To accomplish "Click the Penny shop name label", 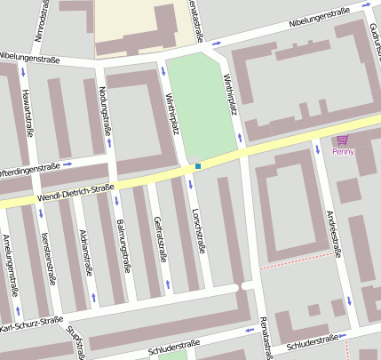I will tap(343, 151).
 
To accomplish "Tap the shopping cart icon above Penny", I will tap(343, 140).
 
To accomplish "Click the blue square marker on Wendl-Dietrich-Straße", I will tap(198, 165).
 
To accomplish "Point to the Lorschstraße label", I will tap(200, 232).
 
